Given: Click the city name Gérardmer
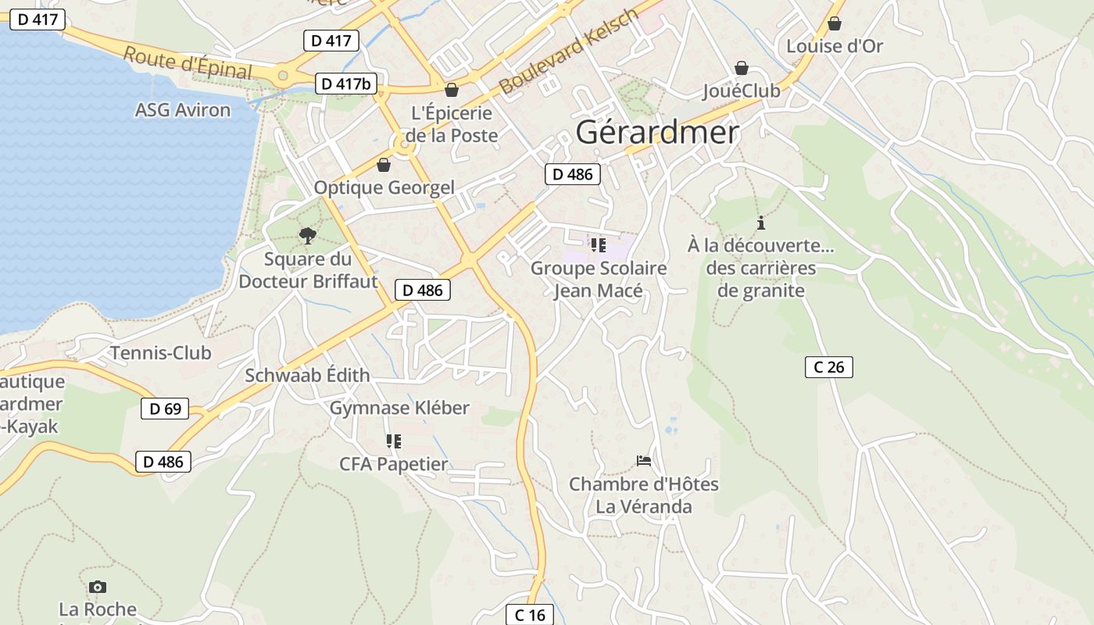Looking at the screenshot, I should [657, 132].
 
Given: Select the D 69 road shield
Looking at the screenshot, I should [165, 409].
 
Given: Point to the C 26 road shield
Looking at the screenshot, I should [828, 366].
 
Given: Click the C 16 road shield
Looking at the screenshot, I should [530, 615].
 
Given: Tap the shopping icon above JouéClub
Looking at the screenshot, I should [741, 69].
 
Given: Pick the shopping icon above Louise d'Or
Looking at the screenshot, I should [835, 23].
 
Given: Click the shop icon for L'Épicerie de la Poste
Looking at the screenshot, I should [451, 90].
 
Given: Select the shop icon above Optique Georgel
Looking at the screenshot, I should [383, 165].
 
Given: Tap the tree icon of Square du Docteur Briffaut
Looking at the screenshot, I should [308, 235].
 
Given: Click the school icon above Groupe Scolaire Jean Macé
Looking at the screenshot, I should [599, 245].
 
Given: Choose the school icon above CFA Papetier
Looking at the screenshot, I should [394, 441].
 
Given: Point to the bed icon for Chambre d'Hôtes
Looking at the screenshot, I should [643, 461].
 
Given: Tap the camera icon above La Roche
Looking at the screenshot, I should [98, 587].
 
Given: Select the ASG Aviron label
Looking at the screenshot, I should [183, 110].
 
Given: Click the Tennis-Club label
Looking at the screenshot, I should [160, 353].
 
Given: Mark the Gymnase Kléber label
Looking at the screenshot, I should [399, 408].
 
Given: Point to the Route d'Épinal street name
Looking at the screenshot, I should [188, 63].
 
